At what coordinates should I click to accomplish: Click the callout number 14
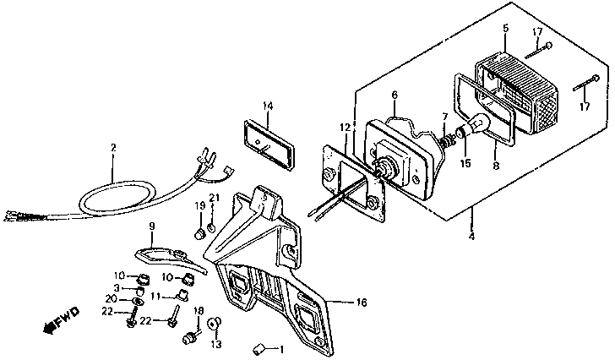click(x=267, y=106)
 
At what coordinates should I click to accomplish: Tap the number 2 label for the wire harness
click(x=113, y=148)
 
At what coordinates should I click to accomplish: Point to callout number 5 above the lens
click(x=504, y=28)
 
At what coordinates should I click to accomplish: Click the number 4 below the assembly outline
click(x=471, y=236)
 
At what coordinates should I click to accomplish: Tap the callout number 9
click(x=152, y=226)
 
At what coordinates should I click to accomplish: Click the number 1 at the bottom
click(x=281, y=350)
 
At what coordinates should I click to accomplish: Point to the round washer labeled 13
click(x=215, y=324)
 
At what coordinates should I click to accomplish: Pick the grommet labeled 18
click(x=192, y=338)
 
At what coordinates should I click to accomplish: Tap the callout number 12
click(x=345, y=128)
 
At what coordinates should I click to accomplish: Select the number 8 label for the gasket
click(x=496, y=166)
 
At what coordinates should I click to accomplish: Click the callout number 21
click(x=214, y=199)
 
